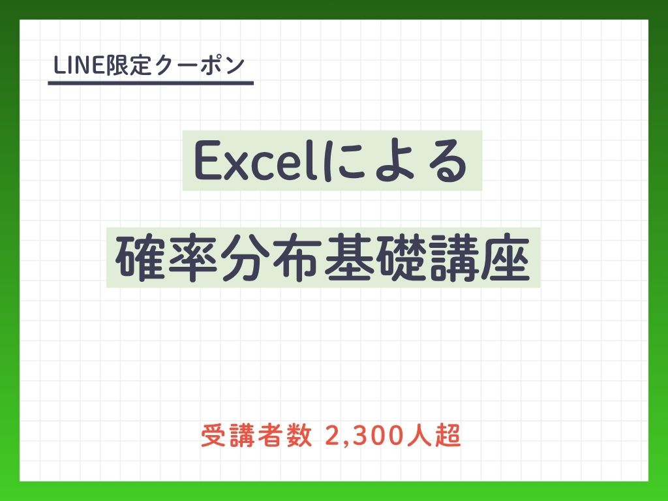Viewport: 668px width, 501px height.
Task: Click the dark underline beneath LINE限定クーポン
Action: (151, 83)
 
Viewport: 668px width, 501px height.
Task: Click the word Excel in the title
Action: (257, 162)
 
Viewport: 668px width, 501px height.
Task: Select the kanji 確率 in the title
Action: (167, 258)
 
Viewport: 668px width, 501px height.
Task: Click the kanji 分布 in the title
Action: (271, 258)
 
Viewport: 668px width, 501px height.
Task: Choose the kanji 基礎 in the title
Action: (375, 258)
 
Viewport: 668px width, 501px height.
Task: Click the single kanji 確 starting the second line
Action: (141, 258)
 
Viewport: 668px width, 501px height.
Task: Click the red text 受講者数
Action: (256, 436)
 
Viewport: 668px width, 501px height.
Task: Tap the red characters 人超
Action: (434, 436)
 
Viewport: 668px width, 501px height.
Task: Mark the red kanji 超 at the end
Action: (448, 436)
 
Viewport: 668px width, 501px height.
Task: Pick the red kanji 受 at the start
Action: (213, 436)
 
